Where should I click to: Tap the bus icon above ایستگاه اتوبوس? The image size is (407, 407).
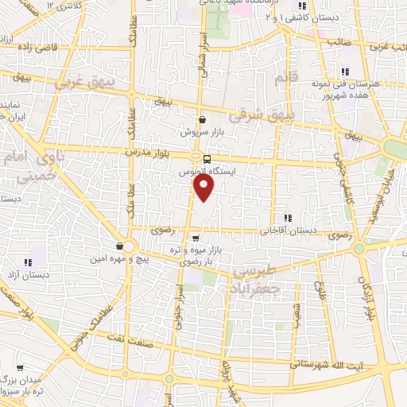pos(207,159)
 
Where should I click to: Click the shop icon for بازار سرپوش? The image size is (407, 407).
pos(203,119)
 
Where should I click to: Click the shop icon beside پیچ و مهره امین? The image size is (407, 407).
pos(118,246)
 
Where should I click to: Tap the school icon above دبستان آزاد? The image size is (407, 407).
pos(28,262)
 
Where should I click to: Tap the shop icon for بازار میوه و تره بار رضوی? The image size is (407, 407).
pos(196,237)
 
